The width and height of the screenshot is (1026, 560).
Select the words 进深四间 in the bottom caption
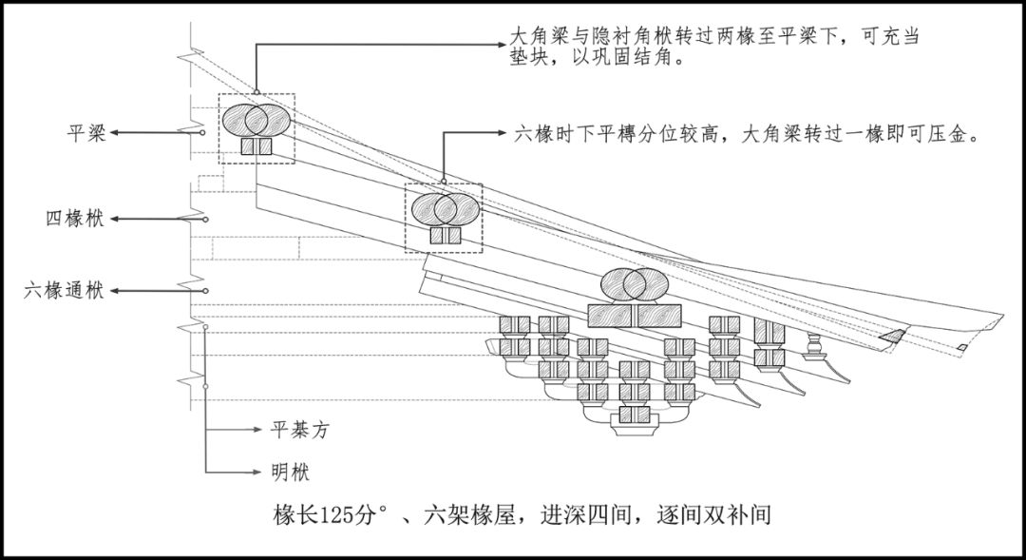point(593,515)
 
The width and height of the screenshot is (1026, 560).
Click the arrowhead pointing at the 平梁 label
point(113,134)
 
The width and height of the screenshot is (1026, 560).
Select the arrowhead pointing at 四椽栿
point(113,220)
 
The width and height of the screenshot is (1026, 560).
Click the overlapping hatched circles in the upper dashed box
point(256,120)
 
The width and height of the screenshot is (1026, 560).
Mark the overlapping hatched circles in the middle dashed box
point(443,208)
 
